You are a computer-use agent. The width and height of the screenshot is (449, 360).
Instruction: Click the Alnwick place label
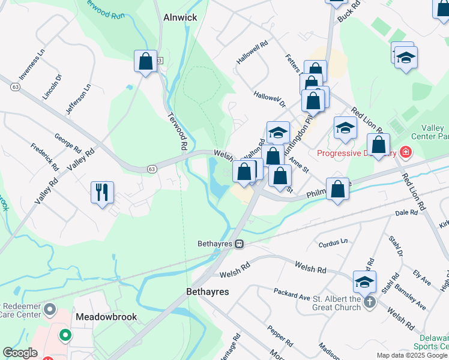click(180, 18)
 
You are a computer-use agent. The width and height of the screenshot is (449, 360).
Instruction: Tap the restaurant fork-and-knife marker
click(102, 193)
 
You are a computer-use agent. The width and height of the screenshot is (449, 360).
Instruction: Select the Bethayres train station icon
click(239, 244)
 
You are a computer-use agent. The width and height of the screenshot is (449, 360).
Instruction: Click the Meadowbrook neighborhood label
click(106, 316)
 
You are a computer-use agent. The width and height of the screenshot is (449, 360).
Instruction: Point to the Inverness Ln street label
click(33, 65)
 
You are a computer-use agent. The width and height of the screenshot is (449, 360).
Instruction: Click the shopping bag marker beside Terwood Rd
click(145, 61)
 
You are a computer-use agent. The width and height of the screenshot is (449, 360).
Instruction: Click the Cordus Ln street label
click(333, 242)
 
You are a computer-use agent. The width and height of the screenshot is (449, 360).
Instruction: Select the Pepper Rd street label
click(280, 336)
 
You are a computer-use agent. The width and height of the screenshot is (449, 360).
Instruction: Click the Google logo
click(20, 353)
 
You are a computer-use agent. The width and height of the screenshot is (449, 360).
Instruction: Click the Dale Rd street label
click(406, 213)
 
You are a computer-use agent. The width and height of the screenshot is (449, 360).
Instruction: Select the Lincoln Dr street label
click(53, 87)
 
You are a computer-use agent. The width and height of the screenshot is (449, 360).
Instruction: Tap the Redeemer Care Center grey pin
click(50, 311)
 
